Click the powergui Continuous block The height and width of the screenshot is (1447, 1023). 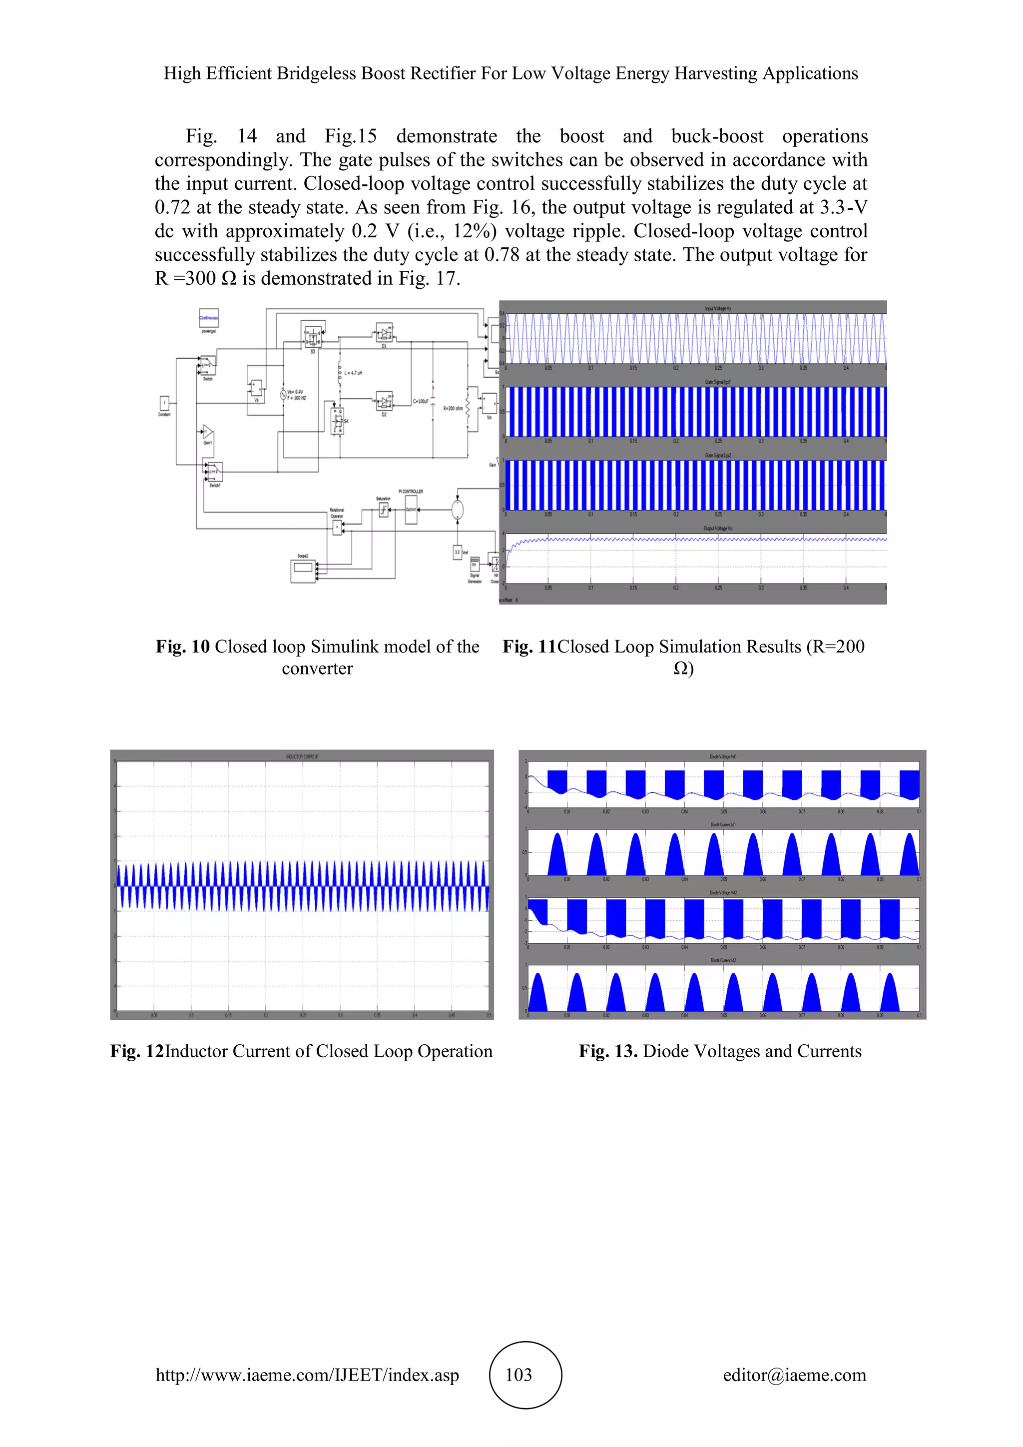click(208, 318)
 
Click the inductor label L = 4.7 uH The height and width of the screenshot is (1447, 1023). click(353, 373)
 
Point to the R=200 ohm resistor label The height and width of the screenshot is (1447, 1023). click(453, 408)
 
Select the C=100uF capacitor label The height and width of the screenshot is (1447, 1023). click(421, 401)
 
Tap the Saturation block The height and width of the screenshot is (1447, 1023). click(383, 511)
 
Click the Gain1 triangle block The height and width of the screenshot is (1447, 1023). click(207, 432)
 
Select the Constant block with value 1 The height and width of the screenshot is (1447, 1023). click(164, 403)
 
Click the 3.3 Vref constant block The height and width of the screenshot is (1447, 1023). click(458, 552)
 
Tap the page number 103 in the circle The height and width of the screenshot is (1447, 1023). click(518, 1374)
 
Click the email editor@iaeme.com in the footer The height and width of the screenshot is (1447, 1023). click(794, 1374)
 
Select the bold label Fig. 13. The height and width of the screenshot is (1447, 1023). click(608, 1051)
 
